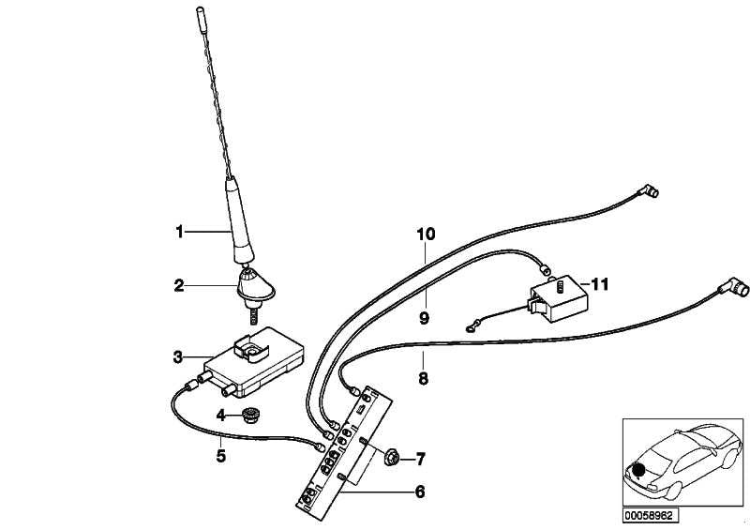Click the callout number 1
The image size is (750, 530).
(179, 233)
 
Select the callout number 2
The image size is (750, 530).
(179, 286)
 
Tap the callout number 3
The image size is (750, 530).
(178, 356)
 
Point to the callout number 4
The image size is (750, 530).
(220, 416)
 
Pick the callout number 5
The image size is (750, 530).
(220, 456)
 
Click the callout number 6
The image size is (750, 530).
(419, 492)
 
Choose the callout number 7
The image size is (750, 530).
(420, 460)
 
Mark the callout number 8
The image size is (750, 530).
(424, 379)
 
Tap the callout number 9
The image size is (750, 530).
(425, 318)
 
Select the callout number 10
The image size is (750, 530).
(427, 235)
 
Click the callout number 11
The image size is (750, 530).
(600, 284)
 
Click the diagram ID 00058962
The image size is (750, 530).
(651, 516)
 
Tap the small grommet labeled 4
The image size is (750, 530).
(249, 415)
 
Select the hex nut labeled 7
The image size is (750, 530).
(391, 458)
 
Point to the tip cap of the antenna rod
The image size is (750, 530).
(200, 13)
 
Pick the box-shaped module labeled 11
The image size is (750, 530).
(558, 296)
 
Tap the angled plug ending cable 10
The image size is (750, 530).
(651, 191)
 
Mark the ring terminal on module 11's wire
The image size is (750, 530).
(470, 328)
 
